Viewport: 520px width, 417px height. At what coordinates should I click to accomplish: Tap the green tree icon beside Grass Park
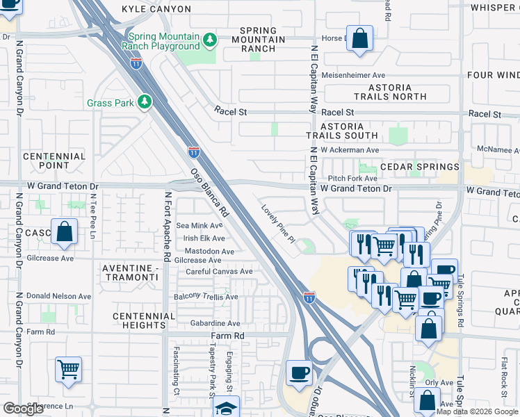[x=145, y=103]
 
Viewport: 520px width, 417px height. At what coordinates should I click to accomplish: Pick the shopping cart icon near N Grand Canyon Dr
[x=68, y=370]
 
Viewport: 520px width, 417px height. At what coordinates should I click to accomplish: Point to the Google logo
[x=23, y=409]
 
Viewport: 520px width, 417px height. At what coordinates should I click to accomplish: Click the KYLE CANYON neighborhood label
[x=156, y=9]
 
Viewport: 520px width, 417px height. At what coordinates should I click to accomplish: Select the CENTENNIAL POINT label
[x=54, y=161]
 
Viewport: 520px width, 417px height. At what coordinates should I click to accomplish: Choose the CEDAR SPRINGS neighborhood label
[x=419, y=167]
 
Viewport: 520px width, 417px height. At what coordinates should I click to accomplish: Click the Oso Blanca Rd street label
[x=211, y=192]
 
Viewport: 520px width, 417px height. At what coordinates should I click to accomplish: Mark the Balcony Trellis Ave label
[x=206, y=297]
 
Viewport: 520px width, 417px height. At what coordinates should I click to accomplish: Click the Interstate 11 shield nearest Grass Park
[x=194, y=151]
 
